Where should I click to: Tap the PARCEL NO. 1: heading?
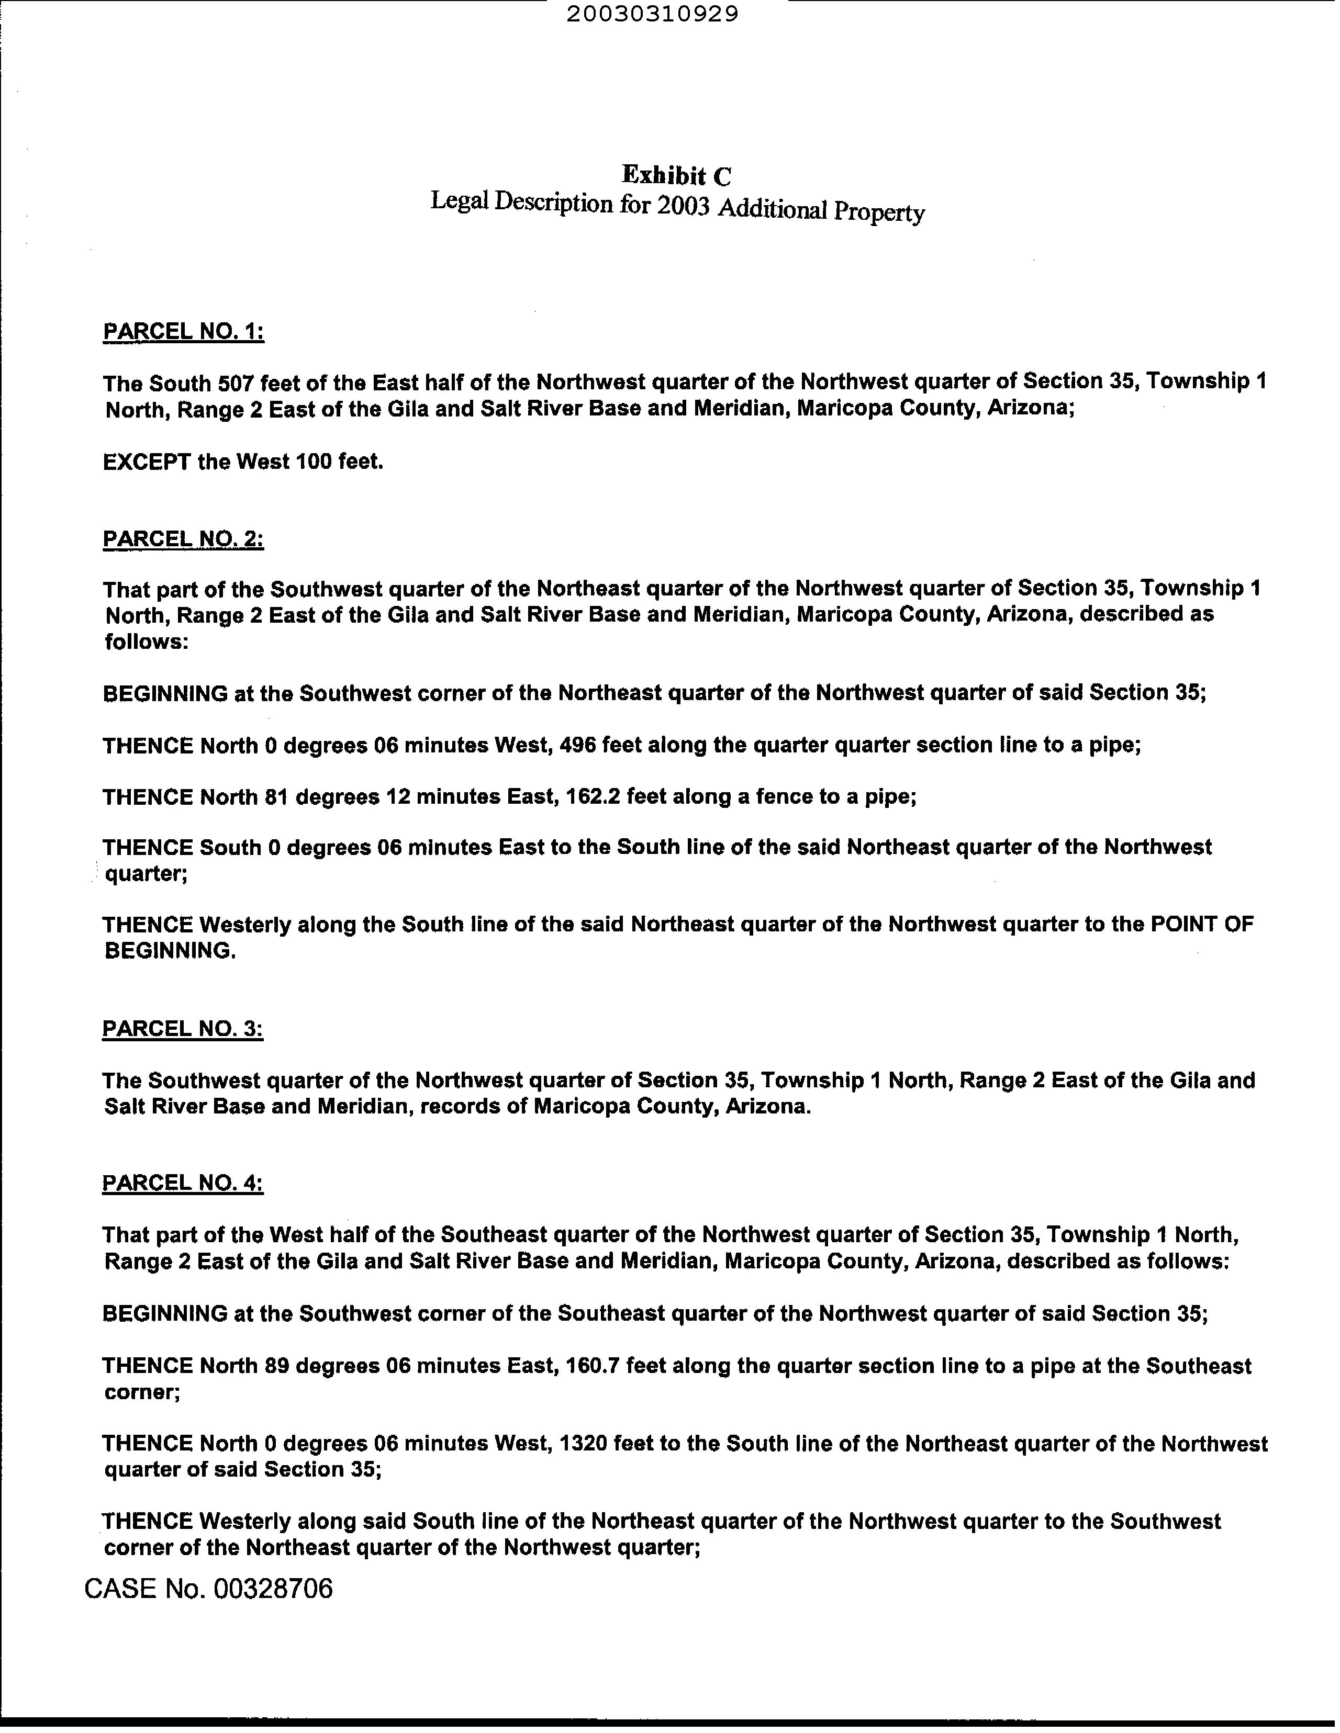(x=183, y=331)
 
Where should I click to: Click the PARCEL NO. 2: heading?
(x=183, y=539)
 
